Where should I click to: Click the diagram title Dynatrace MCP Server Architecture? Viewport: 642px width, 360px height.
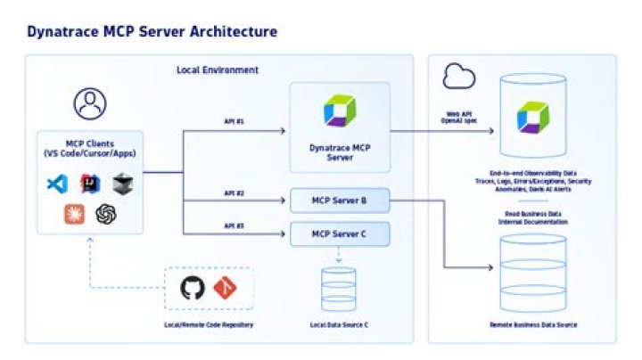pyautogui.click(x=152, y=32)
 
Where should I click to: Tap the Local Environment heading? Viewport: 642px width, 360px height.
pyautogui.click(x=218, y=70)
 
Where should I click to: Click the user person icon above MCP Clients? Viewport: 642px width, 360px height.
pyautogui.click(x=90, y=103)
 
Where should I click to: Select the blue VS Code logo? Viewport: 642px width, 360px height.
pyautogui.click(x=58, y=184)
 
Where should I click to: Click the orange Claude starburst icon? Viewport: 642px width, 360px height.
pyautogui.click(x=74, y=214)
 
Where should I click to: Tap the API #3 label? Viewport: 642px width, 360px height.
pyautogui.click(x=234, y=225)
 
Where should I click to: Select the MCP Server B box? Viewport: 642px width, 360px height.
pyautogui.click(x=340, y=200)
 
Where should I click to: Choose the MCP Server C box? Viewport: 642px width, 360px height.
pyautogui.click(x=340, y=235)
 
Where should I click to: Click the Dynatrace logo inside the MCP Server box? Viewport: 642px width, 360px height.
pyautogui.click(x=340, y=110)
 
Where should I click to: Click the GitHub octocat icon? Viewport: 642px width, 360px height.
pyautogui.click(x=193, y=288)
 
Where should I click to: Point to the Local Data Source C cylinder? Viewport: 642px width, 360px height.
pyautogui.click(x=340, y=288)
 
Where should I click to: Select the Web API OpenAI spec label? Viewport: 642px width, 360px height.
pyautogui.click(x=465, y=118)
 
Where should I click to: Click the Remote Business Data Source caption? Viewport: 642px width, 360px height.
pyautogui.click(x=533, y=325)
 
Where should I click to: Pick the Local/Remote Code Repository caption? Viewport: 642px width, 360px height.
pyautogui.click(x=209, y=324)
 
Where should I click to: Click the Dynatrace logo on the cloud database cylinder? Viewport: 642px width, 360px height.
pyautogui.click(x=533, y=118)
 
